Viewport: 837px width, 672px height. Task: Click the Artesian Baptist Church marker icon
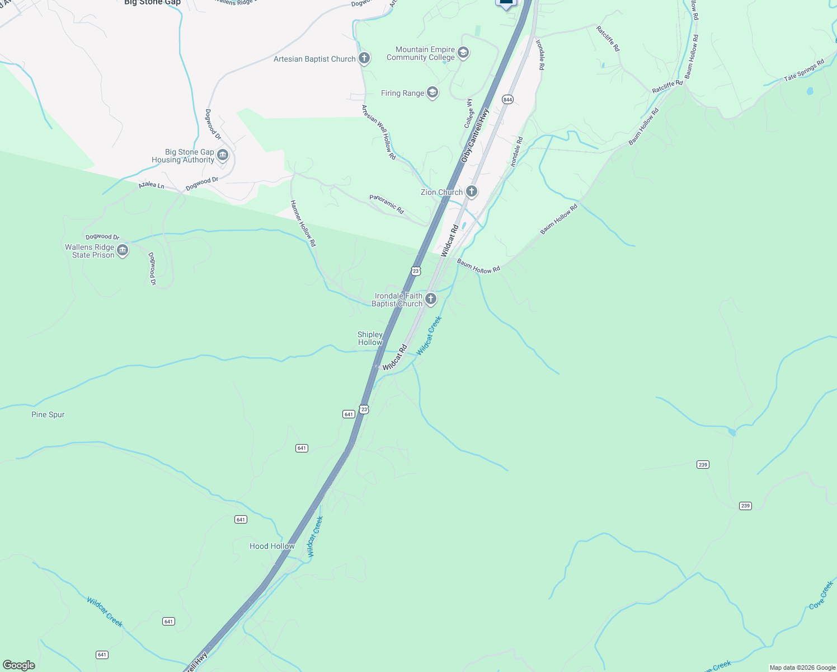[x=364, y=58]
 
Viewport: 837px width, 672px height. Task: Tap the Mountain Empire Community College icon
[x=463, y=53]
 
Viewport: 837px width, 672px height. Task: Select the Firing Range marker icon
[x=432, y=93]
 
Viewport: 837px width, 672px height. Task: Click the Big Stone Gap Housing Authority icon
[x=223, y=155]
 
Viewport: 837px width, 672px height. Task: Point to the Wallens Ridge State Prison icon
[x=123, y=250]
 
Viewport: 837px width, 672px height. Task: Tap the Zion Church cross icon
[x=472, y=192]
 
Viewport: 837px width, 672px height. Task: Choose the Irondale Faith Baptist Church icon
[x=430, y=299]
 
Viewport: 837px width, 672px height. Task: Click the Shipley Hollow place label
[x=370, y=338]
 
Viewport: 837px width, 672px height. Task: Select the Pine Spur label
[x=48, y=414]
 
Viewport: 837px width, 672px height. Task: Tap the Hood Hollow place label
[x=272, y=546]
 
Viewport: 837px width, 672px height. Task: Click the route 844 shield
[x=507, y=100]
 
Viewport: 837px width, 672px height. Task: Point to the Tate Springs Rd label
[x=804, y=71]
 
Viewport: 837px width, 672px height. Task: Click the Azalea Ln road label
[x=152, y=184]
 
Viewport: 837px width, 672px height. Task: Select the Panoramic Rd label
[x=387, y=204]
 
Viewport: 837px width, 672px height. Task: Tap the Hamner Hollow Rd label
[x=303, y=223]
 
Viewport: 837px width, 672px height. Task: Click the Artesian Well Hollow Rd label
[x=379, y=132]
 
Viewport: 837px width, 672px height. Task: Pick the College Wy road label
[x=469, y=113]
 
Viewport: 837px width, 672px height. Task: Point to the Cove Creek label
[x=821, y=595]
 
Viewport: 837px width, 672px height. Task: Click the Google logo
[x=19, y=665]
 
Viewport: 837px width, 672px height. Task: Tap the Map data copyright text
[x=802, y=668]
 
